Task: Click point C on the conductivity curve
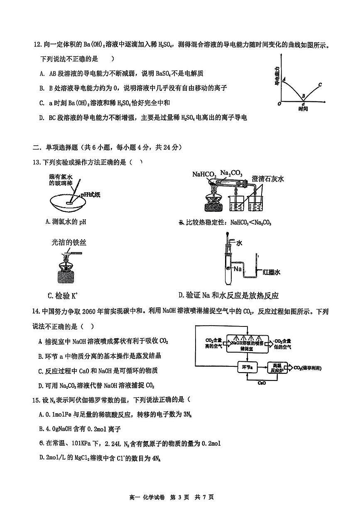point(320,85)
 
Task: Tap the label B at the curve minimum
point(304,96)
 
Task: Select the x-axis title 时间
point(303,109)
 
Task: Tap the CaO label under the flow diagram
point(262,383)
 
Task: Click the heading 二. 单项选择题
point(66,147)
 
